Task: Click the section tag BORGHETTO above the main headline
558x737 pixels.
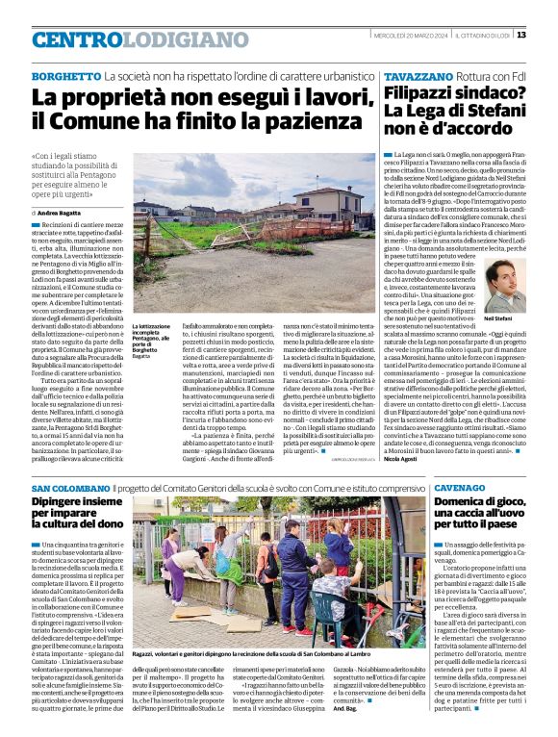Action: [66, 75]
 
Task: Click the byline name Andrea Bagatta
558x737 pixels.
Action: [64, 210]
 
